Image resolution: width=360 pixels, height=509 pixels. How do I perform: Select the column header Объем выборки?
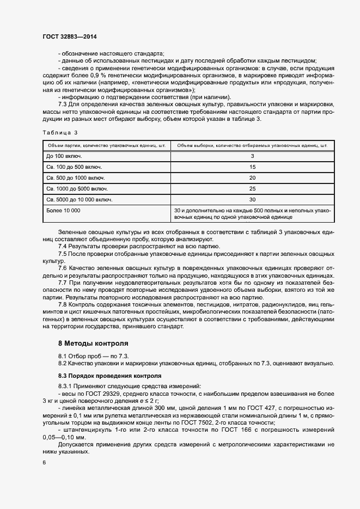(x=252, y=145)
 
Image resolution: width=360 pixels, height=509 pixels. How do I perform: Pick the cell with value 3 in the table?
(x=252, y=156)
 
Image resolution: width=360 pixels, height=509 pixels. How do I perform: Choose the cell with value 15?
(x=252, y=167)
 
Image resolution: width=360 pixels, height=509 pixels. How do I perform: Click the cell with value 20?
(x=252, y=178)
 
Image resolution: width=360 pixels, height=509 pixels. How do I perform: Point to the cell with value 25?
(x=252, y=189)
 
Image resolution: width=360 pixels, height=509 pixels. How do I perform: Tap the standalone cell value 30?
(x=252, y=200)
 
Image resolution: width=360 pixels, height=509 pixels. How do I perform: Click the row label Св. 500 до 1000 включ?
(x=76, y=178)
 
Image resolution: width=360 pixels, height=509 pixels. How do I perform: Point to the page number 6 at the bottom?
(x=44, y=462)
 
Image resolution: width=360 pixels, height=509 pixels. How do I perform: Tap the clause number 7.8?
(x=63, y=305)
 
